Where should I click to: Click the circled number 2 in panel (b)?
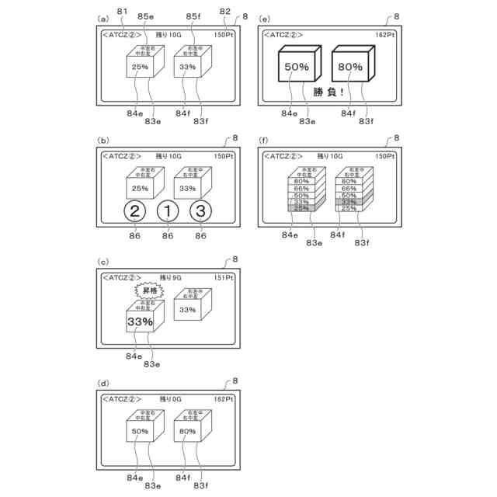click(134, 210)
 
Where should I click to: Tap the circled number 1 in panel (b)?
click(168, 210)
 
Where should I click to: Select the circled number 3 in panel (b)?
click(200, 210)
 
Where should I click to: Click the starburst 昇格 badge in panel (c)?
click(151, 290)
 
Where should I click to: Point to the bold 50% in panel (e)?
click(297, 68)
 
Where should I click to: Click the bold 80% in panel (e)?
click(350, 68)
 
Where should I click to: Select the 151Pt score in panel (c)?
click(222, 276)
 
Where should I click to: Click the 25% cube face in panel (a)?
click(140, 68)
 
